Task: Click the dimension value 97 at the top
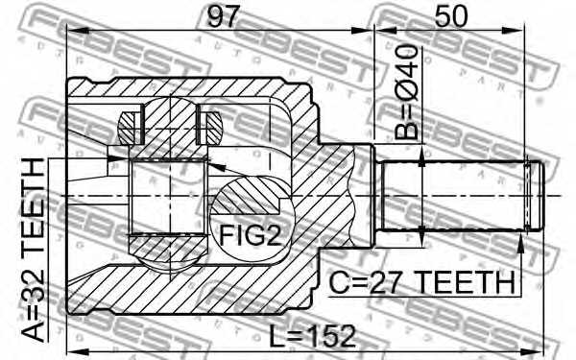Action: pos(218,16)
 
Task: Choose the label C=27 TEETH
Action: pos(420,282)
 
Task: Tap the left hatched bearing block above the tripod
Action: pos(130,124)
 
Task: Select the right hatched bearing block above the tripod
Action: pos(209,124)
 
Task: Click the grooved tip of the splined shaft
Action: pos(534,195)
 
